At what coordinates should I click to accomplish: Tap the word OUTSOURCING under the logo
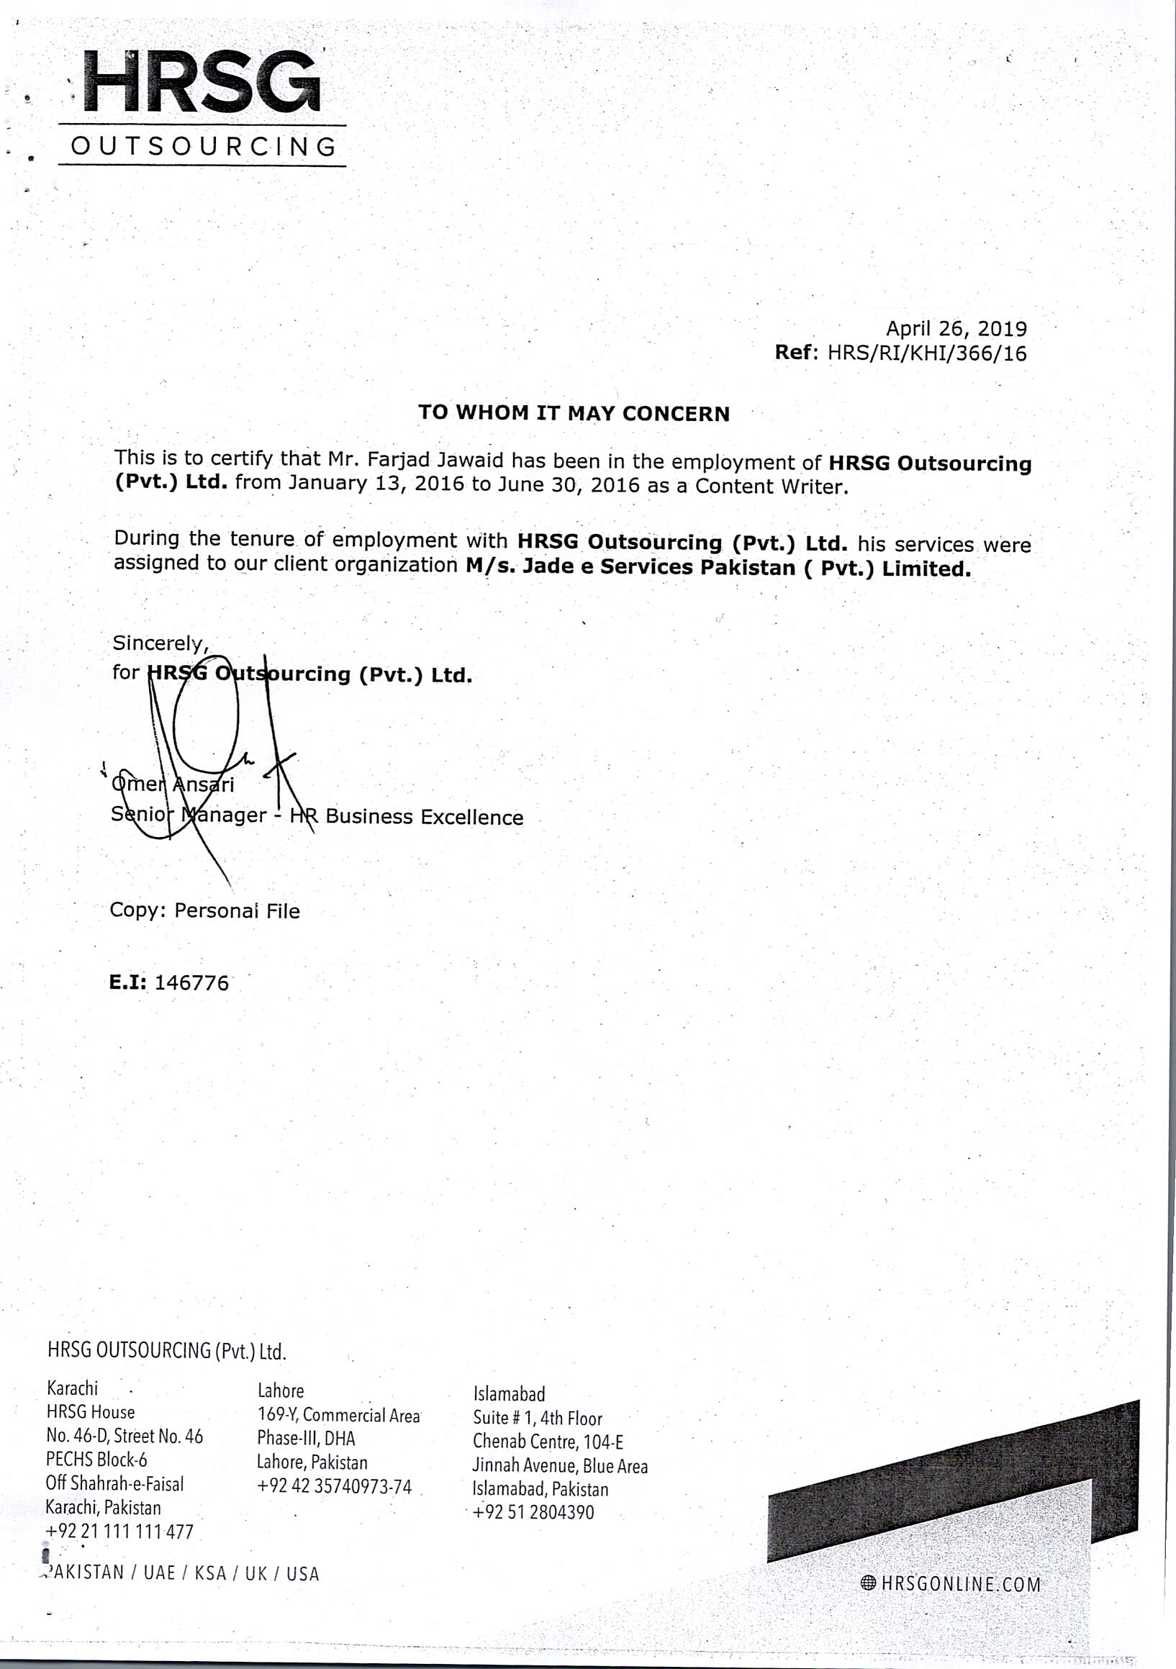pos(204,147)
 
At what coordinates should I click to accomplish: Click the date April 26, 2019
pos(956,329)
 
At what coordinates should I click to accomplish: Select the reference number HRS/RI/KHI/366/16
pos(928,353)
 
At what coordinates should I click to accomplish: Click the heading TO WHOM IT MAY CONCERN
pos(574,413)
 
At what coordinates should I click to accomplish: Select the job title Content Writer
pos(770,487)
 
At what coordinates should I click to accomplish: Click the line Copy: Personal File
pos(204,911)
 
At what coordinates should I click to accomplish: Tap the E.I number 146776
pos(192,983)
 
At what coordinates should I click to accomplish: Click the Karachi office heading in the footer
pos(72,1388)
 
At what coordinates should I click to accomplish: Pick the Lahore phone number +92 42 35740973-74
pos(335,1486)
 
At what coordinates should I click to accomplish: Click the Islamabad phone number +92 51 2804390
pos(533,1513)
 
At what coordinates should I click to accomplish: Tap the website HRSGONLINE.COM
pos(959,1584)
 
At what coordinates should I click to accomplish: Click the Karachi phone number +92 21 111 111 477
pos(120,1532)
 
